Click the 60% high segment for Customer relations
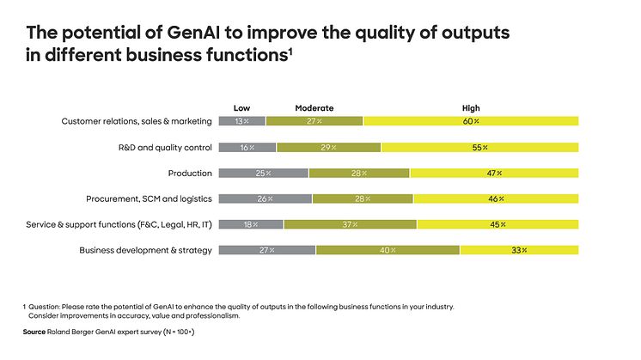coord(471,121)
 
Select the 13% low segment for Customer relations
coord(242,121)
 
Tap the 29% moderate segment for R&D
coord(328,147)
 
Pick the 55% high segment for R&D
coord(479,147)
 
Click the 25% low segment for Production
coord(264,173)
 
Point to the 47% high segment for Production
coord(494,173)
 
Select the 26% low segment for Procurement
coord(266,198)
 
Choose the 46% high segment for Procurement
coord(496,198)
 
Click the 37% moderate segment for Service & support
coord(350,224)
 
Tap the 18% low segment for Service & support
coord(251,224)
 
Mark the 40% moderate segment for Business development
coord(388,250)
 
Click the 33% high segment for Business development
coord(519,250)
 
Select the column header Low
coord(241,108)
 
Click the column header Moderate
coord(314,108)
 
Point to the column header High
coord(471,108)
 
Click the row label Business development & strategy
coord(145,250)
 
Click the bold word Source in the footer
coord(35,331)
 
